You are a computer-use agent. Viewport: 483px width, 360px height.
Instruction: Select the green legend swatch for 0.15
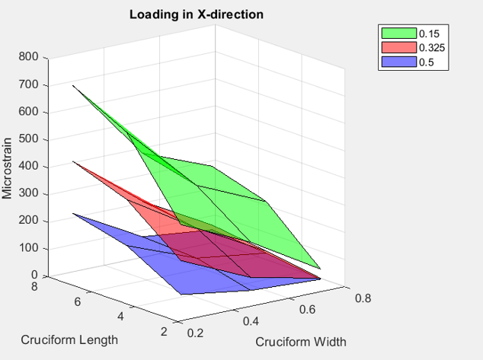tap(398, 33)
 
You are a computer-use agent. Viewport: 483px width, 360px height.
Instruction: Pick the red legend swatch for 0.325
tap(398, 47)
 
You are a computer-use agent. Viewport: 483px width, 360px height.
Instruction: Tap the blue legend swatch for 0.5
tap(398, 62)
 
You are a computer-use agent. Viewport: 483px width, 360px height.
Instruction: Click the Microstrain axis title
tap(8, 167)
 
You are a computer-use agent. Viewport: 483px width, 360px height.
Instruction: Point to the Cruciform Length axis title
tap(69, 339)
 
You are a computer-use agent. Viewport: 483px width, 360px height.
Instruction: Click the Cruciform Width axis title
tap(300, 342)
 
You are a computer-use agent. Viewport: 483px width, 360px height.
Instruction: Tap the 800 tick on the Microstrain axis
tap(29, 57)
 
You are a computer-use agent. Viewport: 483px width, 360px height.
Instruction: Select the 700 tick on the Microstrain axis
tap(29, 84)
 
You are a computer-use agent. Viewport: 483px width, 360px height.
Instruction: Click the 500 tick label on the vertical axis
tap(29, 139)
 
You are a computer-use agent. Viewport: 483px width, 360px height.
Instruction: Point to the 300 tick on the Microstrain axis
tap(29, 193)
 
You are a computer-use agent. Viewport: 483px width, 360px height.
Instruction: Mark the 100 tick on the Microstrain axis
tap(29, 248)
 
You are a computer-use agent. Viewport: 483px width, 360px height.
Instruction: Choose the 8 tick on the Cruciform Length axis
tap(35, 287)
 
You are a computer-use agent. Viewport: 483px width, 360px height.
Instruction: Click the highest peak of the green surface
tap(73, 85)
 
